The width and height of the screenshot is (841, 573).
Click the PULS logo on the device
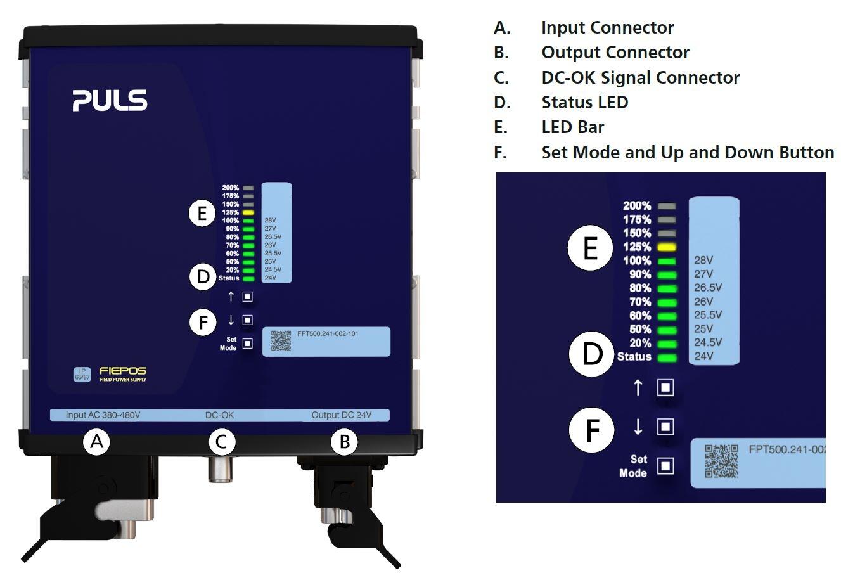[110, 101]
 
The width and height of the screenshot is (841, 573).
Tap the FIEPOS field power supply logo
[123, 373]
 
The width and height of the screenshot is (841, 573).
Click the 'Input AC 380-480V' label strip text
[103, 416]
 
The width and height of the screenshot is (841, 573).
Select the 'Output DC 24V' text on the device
[341, 416]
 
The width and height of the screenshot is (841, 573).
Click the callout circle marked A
[96, 441]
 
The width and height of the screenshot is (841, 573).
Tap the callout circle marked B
[344, 442]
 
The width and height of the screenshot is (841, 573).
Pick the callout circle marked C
[221, 441]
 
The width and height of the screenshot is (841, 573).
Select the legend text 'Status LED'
[584, 102]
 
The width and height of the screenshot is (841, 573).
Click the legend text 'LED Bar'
[572, 127]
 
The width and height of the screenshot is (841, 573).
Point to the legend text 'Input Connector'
[607, 28]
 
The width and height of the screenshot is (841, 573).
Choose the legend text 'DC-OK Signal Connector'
[640, 77]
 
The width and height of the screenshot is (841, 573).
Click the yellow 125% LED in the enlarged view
[666, 247]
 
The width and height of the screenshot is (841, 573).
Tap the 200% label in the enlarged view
[636, 206]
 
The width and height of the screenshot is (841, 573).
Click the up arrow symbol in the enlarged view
[638, 387]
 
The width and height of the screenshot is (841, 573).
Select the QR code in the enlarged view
[721, 460]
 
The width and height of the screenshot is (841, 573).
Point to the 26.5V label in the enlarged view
[708, 288]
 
